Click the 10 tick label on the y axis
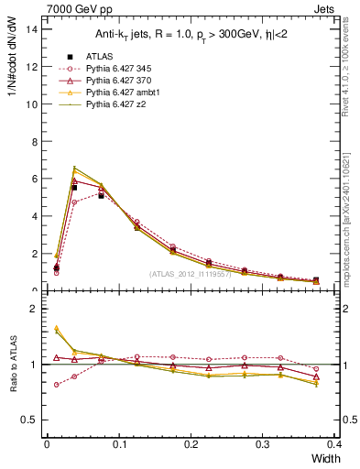pyautogui.click(x=33, y=104)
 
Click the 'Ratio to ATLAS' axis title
pyautogui.click(x=12, y=364)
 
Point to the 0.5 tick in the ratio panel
pyautogui.click(x=31, y=420)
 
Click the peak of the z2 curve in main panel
pyautogui.click(x=74, y=168)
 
